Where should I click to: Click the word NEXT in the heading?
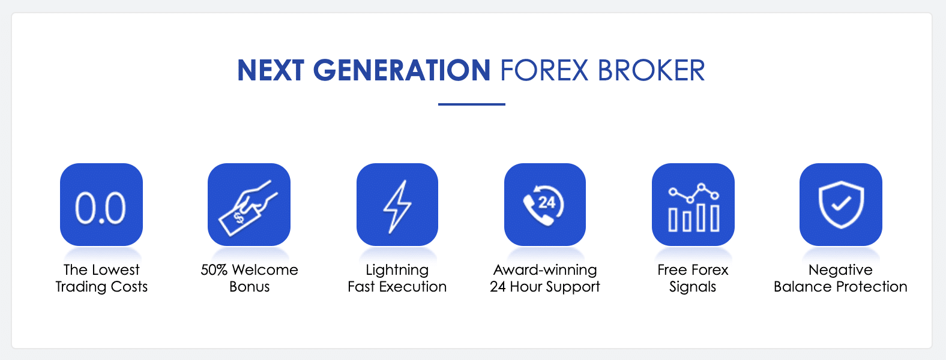271,70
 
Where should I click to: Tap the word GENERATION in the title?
402,70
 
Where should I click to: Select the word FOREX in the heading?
544,70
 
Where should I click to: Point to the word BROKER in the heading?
651,70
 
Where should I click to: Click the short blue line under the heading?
471,104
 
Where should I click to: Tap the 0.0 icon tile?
101,205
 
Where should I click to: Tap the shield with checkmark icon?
841,205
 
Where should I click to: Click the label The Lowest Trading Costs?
101,278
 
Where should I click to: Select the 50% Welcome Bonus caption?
249,278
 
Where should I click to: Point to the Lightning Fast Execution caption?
397,278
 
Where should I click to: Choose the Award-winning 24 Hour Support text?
545,278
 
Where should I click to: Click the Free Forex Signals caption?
693,278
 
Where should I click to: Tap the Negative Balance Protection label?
841,278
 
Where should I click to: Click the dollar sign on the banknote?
239,218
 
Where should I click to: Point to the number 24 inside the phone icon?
547,203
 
